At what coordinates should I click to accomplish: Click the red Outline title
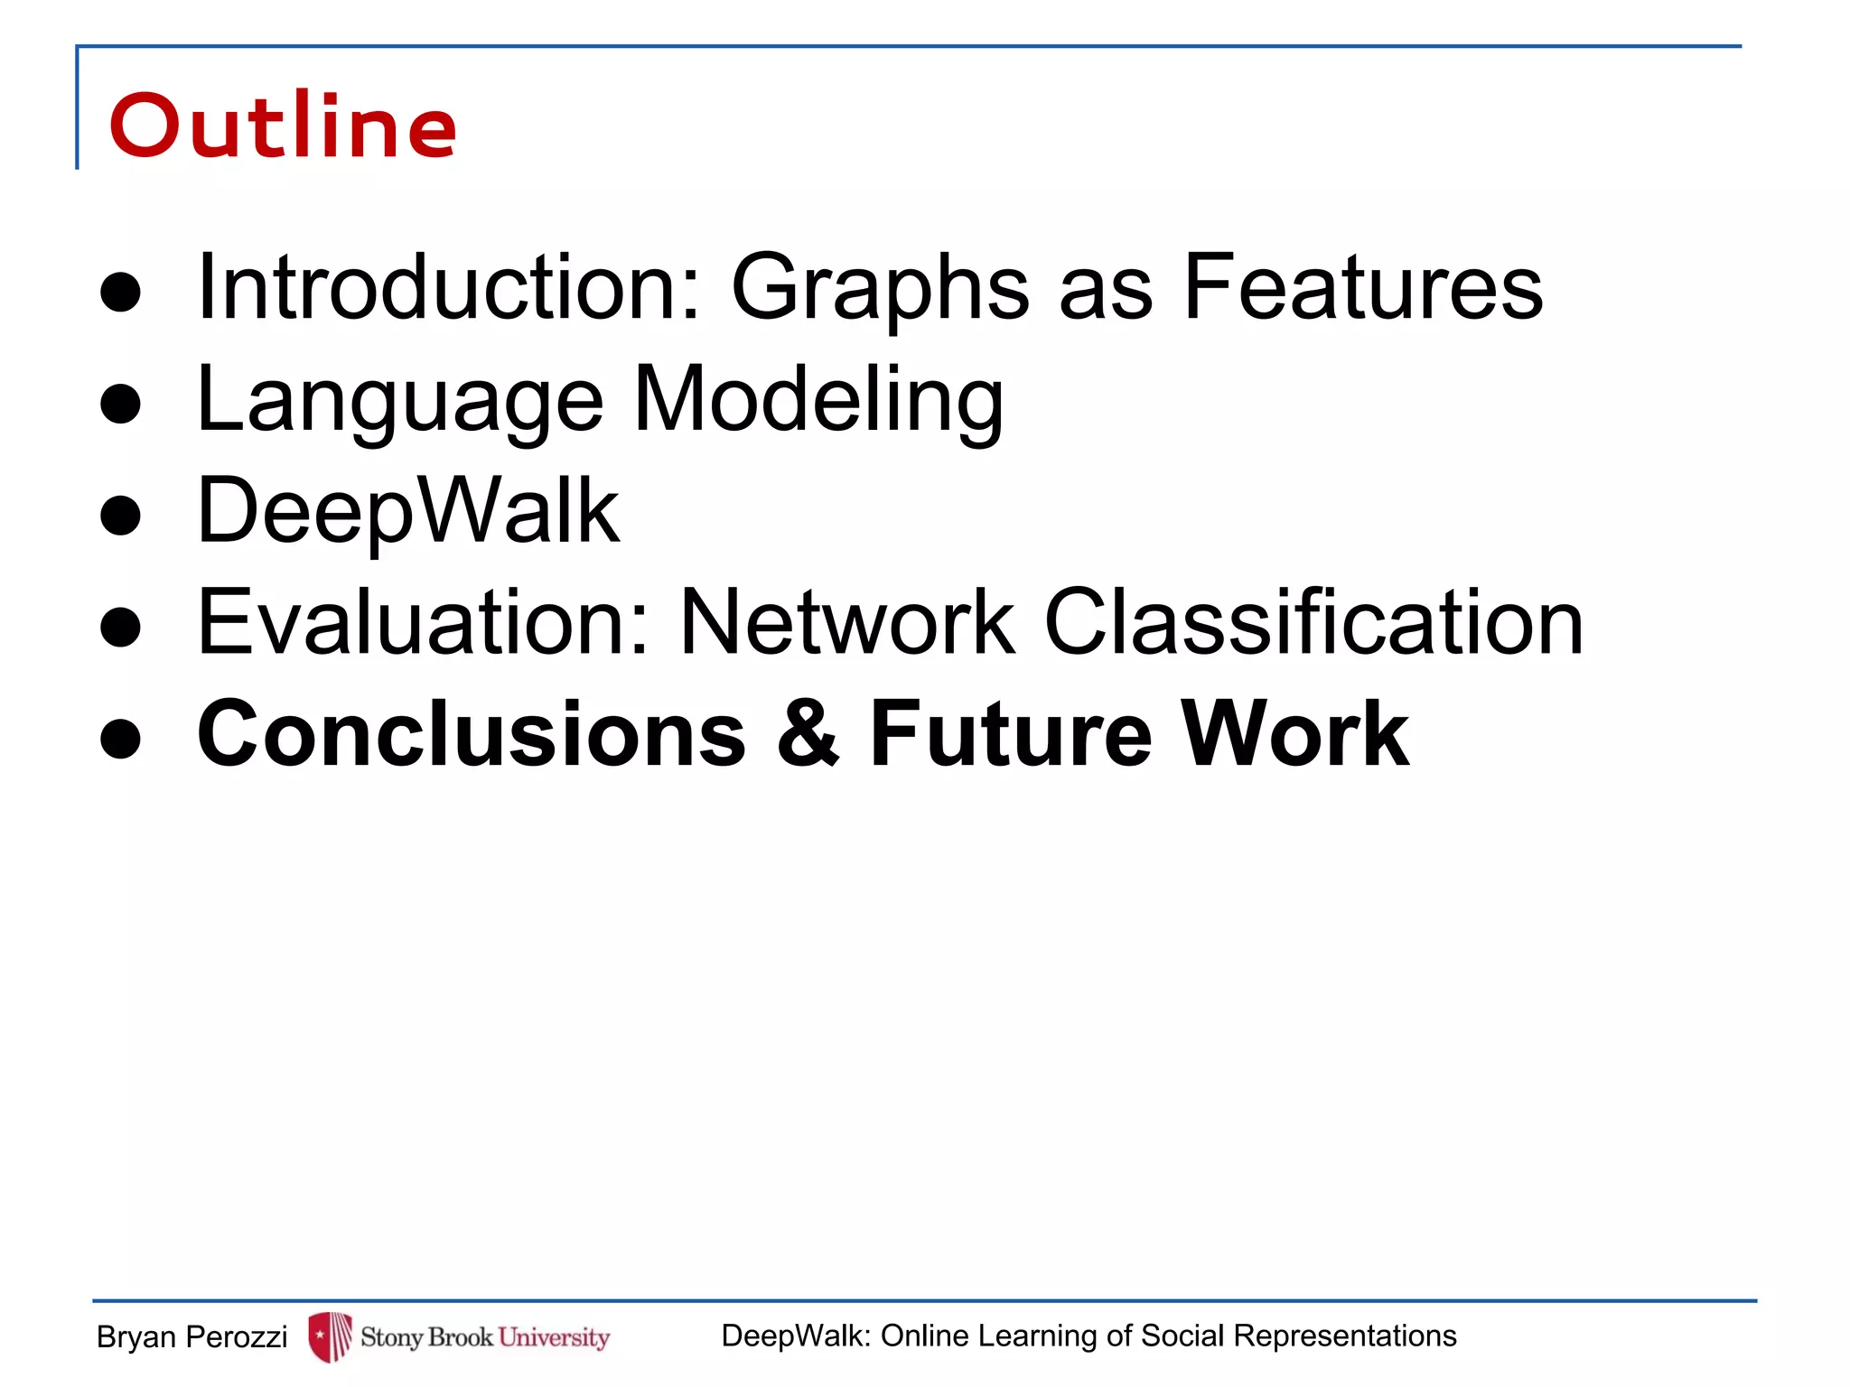(x=283, y=126)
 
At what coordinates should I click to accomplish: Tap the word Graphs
(x=880, y=287)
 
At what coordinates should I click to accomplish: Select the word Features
(x=1363, y=287)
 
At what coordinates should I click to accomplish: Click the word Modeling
(x=818, y=398)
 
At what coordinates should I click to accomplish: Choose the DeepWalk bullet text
(x=408, y=511)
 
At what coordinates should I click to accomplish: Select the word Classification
(x=1313, y=622)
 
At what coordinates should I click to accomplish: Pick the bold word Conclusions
(x=472, y=734)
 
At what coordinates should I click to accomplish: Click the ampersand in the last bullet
(x=808, y=734)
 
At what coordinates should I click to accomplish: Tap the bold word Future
(x=1011, y=734)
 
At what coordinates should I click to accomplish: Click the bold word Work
(x=1295, y=734)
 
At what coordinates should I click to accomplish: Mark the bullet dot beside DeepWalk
(x=121, y=516)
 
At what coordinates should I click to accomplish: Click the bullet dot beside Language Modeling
(x=121, y=404)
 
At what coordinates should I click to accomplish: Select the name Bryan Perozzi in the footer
(x=192, y=1336)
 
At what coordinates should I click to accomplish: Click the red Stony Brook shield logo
(x=330, y=1336)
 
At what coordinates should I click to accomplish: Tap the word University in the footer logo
(x=554, y=1336)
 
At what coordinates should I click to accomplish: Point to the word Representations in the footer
(x=1345, y=1336)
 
